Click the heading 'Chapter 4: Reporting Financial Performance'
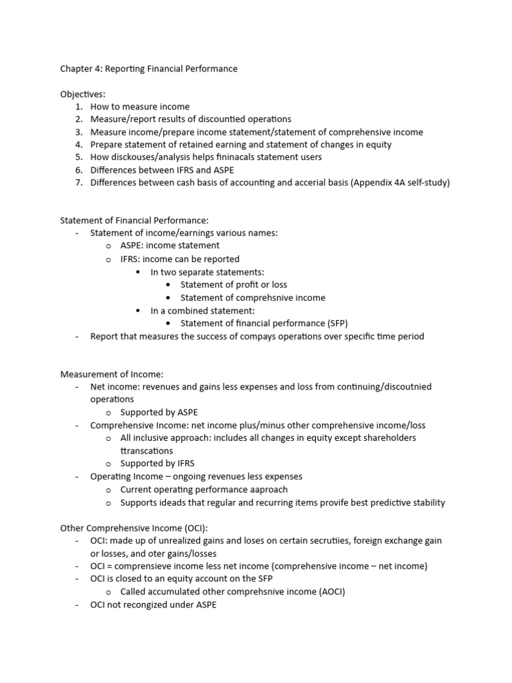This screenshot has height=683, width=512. tap(149, 69)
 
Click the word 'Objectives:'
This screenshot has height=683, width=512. tap(83, 95)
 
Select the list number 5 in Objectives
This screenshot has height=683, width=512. tap(79, 157)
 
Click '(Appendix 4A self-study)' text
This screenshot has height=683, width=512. tap(398, 183)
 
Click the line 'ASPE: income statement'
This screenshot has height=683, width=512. tap(169, 245)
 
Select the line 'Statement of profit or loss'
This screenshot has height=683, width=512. tap(233, 285)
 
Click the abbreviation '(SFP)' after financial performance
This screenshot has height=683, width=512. tap(335, 323)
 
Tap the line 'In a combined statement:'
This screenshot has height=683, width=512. tap(202, 311)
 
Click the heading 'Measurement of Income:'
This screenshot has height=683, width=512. tap(111, 374)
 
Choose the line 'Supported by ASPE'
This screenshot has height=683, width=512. tap(159, 412)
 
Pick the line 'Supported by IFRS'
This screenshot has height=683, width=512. tap(157, 464)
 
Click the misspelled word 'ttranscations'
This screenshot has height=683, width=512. tap(146, 451)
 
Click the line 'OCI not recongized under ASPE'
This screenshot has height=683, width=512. tap(153, 605)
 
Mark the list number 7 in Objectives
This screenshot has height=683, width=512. tap(79, 183)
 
